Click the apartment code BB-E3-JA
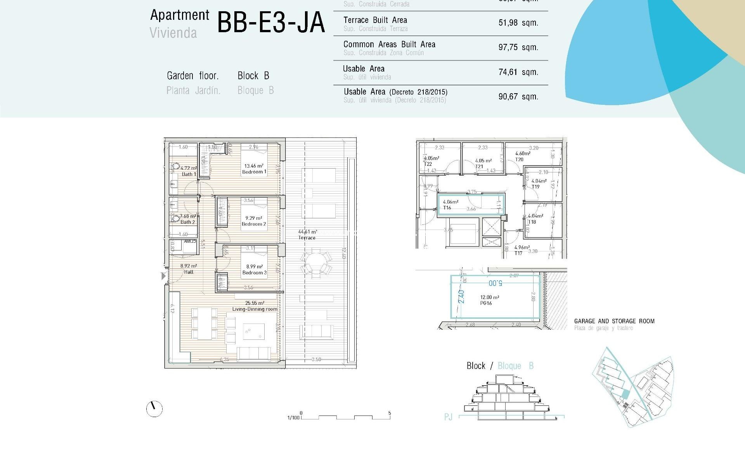pos(270,23)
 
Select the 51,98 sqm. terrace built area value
pos(518,23)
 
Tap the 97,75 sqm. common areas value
pos(518,47)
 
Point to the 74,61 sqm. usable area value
pos(518,72)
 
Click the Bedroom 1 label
pos(254,172)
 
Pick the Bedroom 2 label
pos(254,224)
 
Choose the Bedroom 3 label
pos(254,273)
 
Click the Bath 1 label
pos(189,174)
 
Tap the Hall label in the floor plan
pos(189,272)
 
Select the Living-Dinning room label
pos(255,309)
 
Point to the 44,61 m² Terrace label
pos(307,235)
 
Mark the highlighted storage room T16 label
pos(447,208)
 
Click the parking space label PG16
pos(486,303)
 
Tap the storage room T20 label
pos(519,160)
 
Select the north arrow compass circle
pos(154,409)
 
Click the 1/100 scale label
pos(293,418)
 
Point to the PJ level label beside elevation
pos(448,417)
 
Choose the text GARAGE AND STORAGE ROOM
pos(614,321)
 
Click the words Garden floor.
pos(192,76)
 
